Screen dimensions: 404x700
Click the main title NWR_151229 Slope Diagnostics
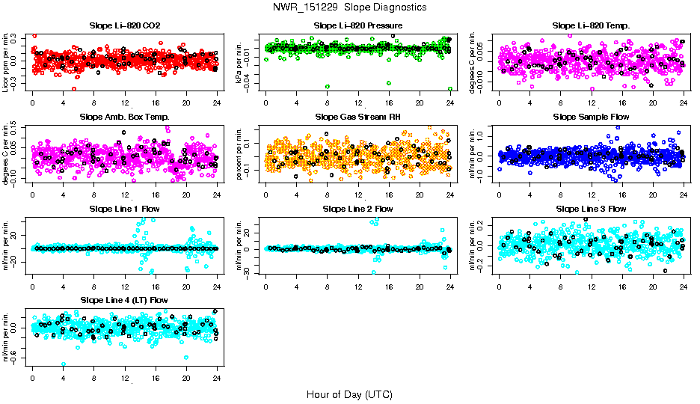349,7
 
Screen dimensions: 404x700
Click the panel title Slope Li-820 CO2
124,25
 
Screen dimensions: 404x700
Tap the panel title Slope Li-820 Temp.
591,25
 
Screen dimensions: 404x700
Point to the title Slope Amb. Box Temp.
124,117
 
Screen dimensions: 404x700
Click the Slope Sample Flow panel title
591,117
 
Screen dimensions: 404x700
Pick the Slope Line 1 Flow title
124,209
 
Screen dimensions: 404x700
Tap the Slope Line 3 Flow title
591,209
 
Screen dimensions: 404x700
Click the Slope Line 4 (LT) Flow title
124,300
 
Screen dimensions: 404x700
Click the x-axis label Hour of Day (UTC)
349,394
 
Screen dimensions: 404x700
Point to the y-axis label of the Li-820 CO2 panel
7,63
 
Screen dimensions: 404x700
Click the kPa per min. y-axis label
240,63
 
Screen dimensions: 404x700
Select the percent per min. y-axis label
240,154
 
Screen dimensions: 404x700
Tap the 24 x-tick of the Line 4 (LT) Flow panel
217,379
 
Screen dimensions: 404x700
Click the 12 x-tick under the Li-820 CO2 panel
124,103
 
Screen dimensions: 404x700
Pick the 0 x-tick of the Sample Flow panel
499,195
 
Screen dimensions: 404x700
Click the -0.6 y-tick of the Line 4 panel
16,361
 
